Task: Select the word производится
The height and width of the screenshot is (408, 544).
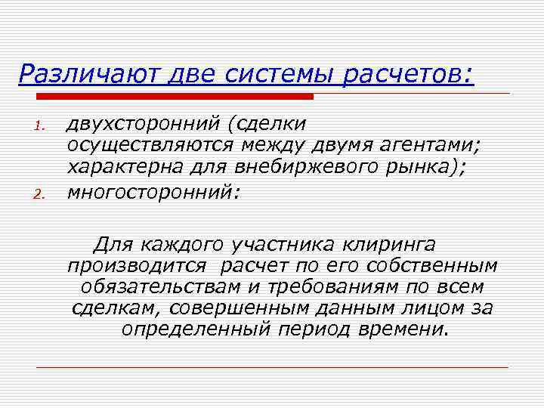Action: coord(136,266)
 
